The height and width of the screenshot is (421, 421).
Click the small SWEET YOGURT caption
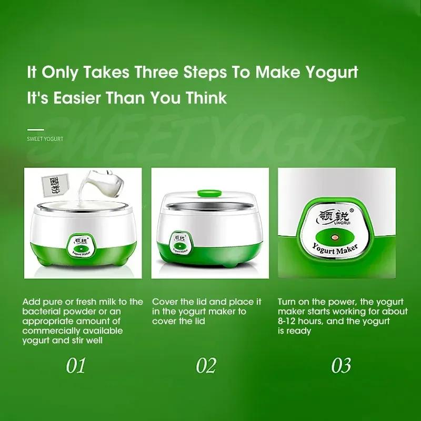tap(45, 139)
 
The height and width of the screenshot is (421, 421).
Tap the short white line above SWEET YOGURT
tap(35, 129)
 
